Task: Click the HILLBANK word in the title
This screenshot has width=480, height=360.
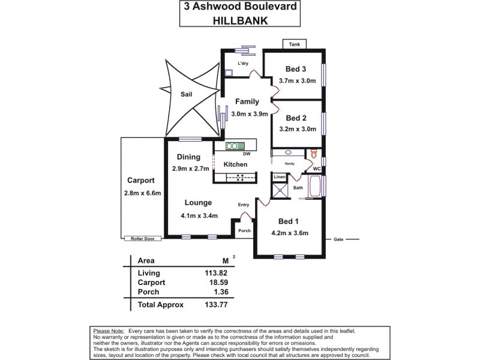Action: pos(239,19)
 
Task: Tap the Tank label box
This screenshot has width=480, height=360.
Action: pos(294,44)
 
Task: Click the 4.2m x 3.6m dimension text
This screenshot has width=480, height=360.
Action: pos(289,233)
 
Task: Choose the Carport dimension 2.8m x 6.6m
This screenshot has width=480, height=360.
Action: pos(141,193)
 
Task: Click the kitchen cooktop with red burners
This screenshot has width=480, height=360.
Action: pos(240,177)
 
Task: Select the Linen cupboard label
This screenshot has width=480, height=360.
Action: pos(279,177)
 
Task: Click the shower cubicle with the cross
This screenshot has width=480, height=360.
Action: pos(280,191)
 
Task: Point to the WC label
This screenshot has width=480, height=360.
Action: pos(317,169)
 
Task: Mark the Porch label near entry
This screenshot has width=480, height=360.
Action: pos(244,230)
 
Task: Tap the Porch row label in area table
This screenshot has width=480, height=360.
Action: pos(148,292)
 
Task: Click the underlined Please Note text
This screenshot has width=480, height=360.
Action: pos(108,331)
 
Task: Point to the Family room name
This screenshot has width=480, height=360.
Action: pos(247,101)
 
